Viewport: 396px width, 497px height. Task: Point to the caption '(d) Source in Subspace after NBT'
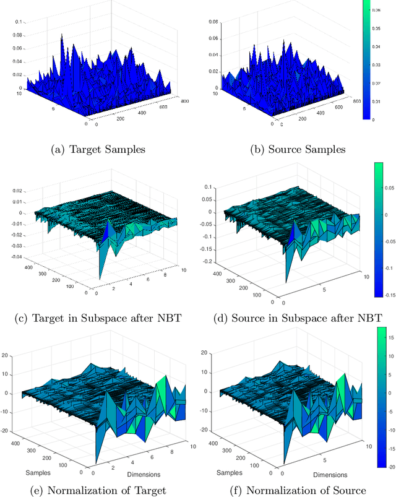tap(287, 319)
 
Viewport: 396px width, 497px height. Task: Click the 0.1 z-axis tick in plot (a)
tap(17, 22)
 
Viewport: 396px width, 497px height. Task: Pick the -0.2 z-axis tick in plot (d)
tap(209, 261)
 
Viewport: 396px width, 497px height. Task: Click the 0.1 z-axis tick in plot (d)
tap(210, 186)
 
